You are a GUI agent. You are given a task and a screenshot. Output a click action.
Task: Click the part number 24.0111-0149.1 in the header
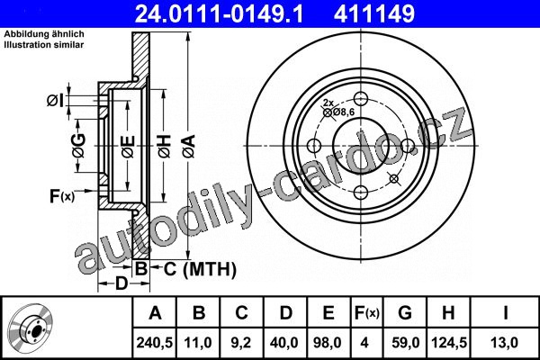[x=219, y=13]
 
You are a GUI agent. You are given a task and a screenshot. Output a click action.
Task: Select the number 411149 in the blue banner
[x=374, y=13]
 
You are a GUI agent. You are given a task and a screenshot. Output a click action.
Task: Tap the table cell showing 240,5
[x=155, y=343]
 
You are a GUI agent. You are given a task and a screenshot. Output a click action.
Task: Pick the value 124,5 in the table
[x=449, y=343]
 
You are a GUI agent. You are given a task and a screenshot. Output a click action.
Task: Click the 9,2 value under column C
[x=241, y=343]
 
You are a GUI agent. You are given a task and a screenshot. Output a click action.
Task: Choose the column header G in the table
[x=405, y=313]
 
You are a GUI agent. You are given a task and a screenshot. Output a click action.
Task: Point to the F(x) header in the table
[x=367, y=313]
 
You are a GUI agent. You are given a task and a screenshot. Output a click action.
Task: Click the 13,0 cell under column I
[x=505, y=343]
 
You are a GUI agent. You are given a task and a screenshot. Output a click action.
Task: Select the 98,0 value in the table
[x=328, y=343]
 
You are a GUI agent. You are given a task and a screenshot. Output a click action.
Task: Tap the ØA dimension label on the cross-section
[x=189, y=147]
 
